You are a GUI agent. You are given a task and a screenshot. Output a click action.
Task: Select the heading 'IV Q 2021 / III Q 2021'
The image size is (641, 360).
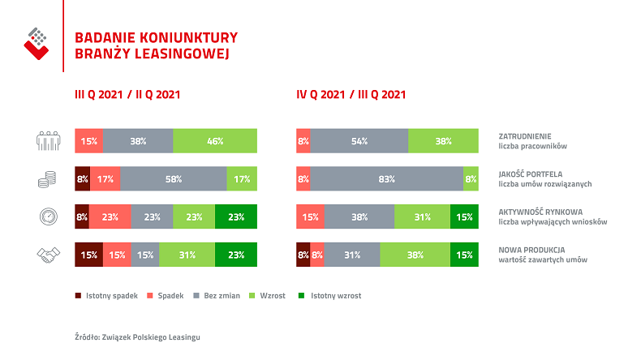(351, 94)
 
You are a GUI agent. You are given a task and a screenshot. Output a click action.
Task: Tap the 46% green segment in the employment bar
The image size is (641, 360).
(215, 141)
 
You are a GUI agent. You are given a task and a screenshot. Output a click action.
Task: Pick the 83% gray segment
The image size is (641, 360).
(386, 179)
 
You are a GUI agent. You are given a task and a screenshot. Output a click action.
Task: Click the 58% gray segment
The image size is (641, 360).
(173, 179)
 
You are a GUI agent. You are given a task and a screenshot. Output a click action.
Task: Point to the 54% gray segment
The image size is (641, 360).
(359, 141)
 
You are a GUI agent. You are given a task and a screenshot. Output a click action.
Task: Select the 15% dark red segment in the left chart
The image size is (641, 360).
(88, 255)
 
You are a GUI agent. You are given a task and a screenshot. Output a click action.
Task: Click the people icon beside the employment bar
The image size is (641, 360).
(49, 141)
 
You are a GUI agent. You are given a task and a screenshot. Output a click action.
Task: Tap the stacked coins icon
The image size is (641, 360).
(49, 179)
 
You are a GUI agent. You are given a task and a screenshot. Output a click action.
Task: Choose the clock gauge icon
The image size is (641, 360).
(49, 217)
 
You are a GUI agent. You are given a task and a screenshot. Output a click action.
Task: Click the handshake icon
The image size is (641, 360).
(49, 255)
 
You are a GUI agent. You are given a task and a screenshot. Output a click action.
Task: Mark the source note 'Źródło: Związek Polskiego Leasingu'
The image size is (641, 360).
(136, 336)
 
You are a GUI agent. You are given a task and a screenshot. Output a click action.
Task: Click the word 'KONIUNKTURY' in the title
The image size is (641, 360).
(185, 36)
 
